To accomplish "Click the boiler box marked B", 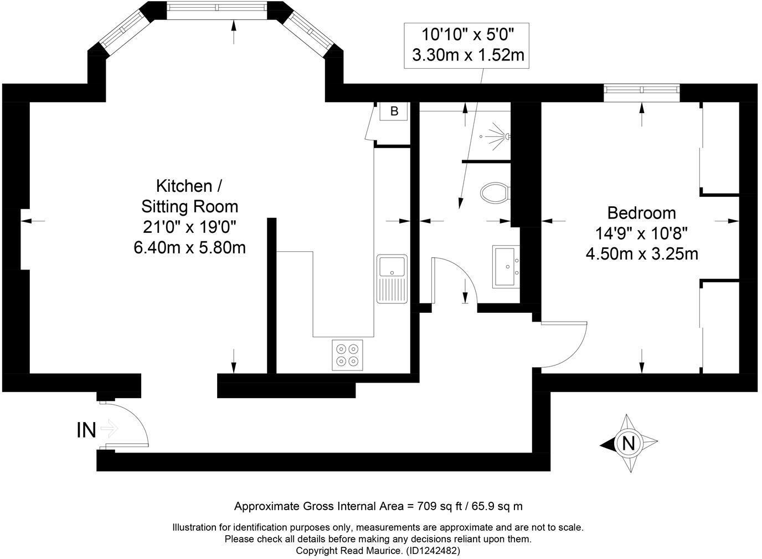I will click(x=394, y=111).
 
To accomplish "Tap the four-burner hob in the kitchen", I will click(x=347, y=355).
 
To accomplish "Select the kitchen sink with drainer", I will click(x=392, y=279).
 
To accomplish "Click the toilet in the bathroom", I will click(x=495, y=194).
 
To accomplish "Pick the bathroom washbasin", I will click(x=507, y=266).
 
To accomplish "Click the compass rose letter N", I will click(x=629, y=443).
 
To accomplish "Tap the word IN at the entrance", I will click(x=86, y=430).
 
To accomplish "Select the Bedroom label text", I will click(x=641, y=213).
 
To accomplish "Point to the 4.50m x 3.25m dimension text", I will click(x=641, y=254).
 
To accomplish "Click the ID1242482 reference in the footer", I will click(x=433, y=551).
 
